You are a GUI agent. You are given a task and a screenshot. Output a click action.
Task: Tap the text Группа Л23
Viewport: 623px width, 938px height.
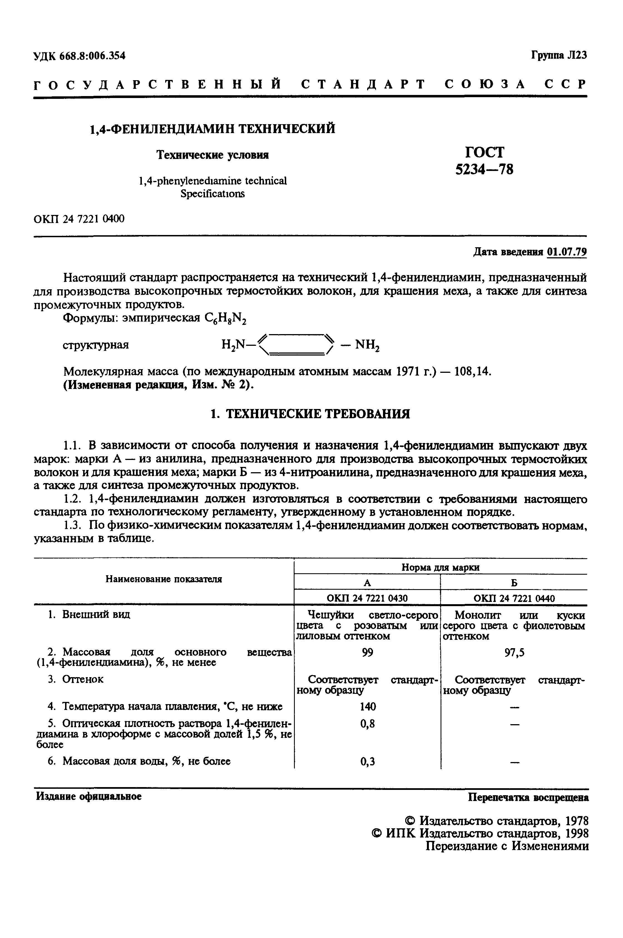[x=559, y=55]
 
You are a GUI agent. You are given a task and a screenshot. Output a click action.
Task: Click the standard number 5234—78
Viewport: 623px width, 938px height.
[x=484, y=170]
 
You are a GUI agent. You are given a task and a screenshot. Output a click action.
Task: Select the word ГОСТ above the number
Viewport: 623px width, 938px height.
[x=484, y=152]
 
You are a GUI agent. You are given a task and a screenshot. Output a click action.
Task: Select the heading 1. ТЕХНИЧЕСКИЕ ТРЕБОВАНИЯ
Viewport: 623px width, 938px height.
[x=310, y=414]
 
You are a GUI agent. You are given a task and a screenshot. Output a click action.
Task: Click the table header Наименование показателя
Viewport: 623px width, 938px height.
[x=164, y=579]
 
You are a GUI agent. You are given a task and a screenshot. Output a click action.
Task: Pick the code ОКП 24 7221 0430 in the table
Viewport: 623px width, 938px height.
[x=367, y=598]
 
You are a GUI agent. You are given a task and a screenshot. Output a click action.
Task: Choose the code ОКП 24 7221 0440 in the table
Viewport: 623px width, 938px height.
[x=514, y=598]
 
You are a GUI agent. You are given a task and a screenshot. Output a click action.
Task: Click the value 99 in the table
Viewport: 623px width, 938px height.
[x=367, y=653]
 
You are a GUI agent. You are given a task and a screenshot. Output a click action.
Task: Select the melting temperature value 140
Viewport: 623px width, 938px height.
[x=367, y=707]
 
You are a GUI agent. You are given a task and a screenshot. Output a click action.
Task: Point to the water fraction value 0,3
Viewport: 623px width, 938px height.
[x=367, y=762]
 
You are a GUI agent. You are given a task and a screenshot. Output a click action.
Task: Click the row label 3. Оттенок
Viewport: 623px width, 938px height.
[x=75, y=679]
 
